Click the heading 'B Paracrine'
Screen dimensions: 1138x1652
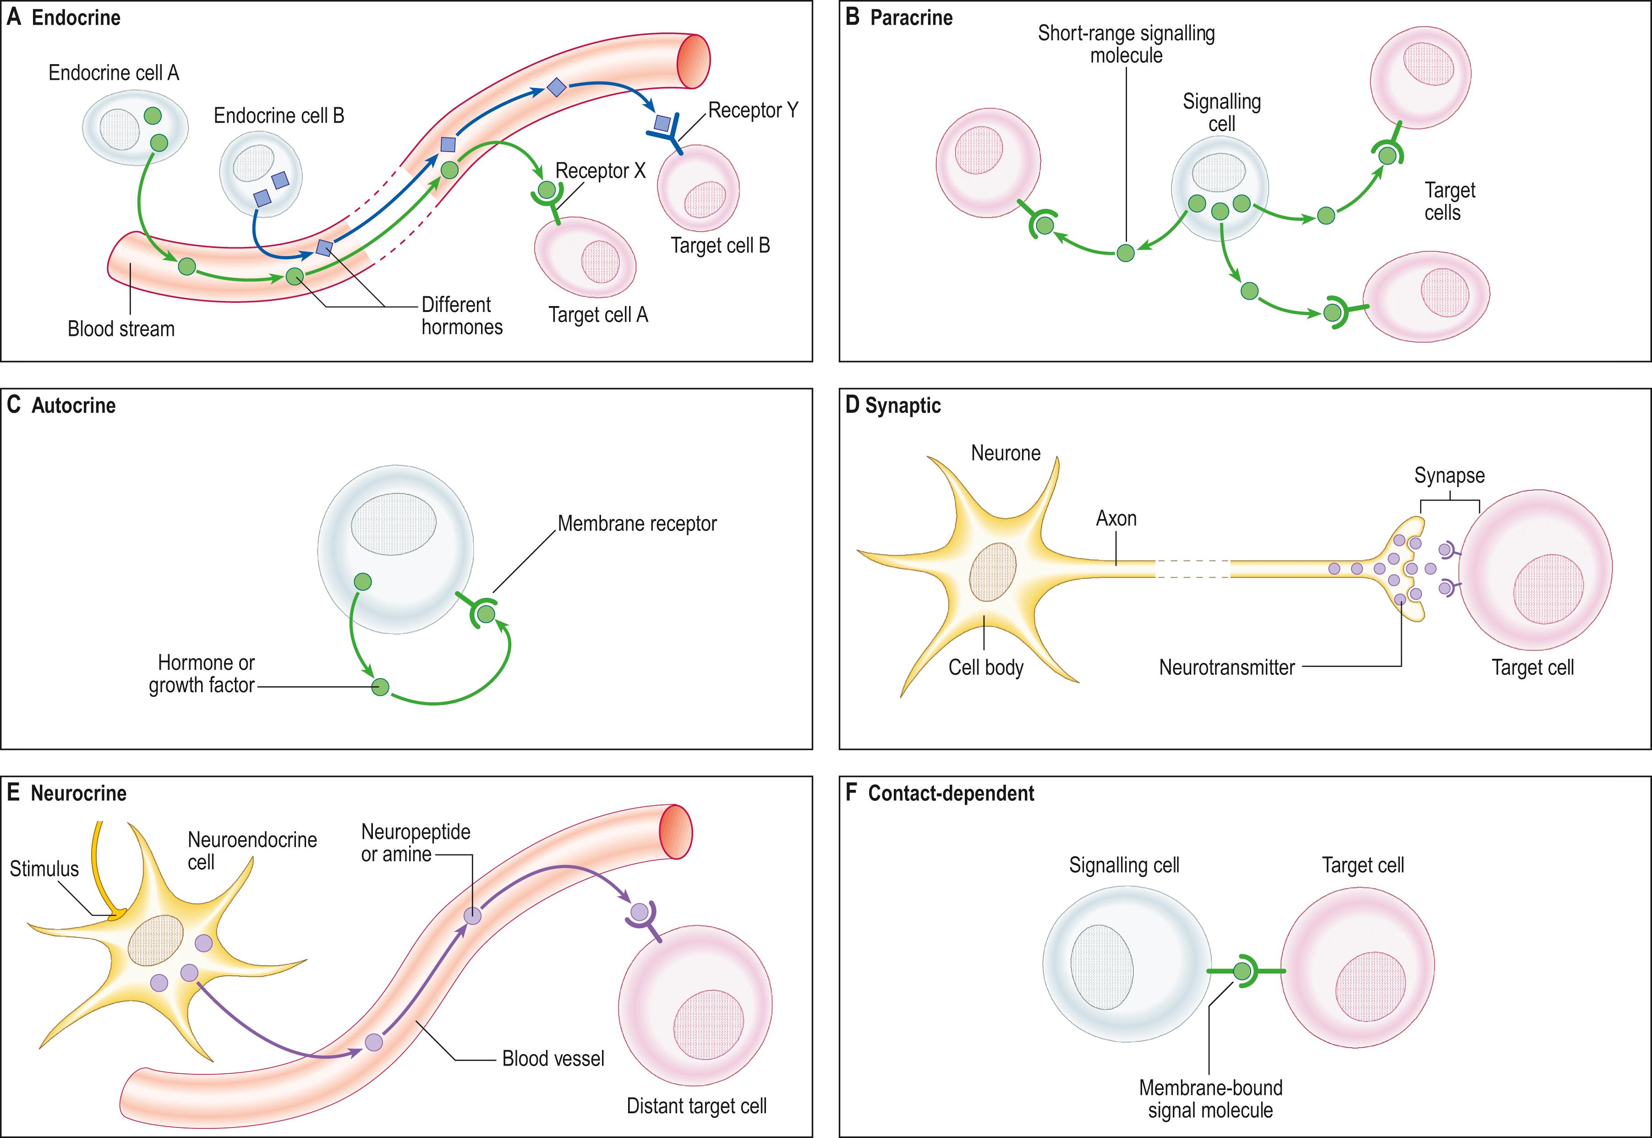[899, 18]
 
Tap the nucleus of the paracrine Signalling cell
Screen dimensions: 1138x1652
[1219, 173]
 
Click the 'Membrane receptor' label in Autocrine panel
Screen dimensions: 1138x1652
[637, 523]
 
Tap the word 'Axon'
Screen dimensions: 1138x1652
[1116, 518]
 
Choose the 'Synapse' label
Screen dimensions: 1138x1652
[1449, 476]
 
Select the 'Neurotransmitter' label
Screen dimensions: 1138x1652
[1226, 667]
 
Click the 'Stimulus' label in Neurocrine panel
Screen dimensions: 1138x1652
[44, 869]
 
